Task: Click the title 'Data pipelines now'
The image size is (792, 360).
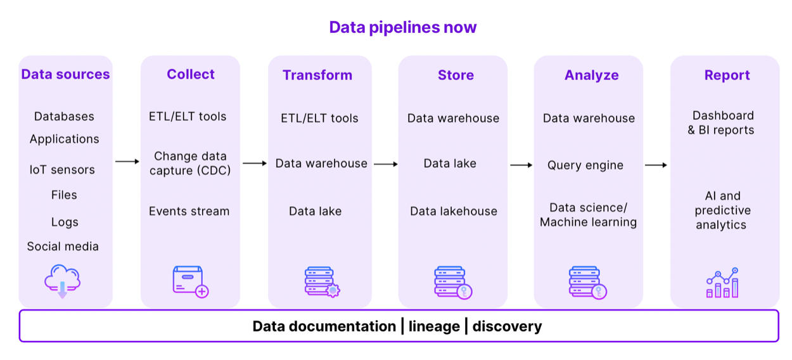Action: [x=402, y=27]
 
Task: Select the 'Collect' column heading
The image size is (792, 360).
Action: [x=191, y=74]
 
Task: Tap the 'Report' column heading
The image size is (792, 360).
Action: [x=727, y=75]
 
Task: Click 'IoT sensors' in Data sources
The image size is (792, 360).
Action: [x=62, y=169]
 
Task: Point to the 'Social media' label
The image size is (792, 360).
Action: [x=63, y=246]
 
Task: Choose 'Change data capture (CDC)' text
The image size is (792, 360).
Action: [x=190, y=163]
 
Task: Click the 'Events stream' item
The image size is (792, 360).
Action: [x=189, y=211]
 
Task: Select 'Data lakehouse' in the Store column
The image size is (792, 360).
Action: [x=453, y=211]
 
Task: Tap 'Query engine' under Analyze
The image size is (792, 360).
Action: [x=585, y=165]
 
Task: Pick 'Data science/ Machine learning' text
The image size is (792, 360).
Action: [x=588, y=215]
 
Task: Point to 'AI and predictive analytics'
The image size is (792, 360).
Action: [x=721, y=210]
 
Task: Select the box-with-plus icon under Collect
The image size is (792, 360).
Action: [x=190, y=281]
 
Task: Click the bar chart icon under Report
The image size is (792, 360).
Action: [x=722, y=282]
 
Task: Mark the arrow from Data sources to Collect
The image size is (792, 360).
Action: [x=127, y=162]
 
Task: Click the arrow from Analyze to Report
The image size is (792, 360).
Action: [x=656, y=165]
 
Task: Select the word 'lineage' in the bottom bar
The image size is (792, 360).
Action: [x=434, y=326]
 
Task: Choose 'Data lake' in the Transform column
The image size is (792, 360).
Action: [x=315, y=211]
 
